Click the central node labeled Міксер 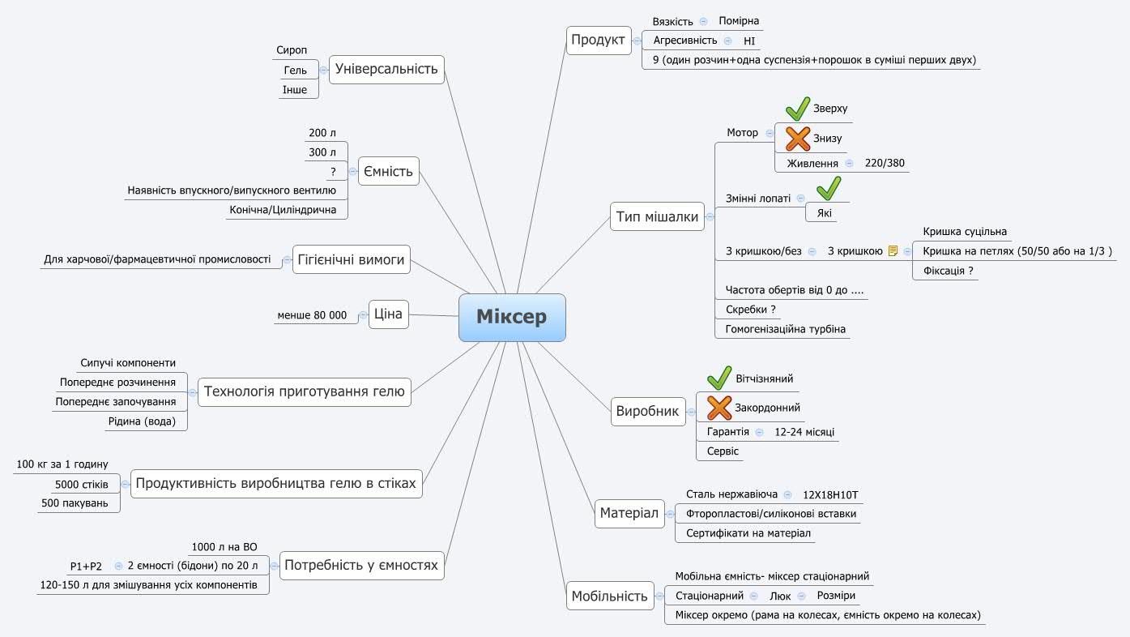tap(511, 317)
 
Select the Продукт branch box tap(598, 40)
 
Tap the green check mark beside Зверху tap(798, 108)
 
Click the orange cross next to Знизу tap(798, 139)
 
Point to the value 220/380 tap(885, 164)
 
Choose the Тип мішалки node tap(657, 216)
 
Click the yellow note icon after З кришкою tap(893, 251)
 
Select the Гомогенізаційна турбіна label tap(785, 329)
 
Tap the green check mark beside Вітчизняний tap(719, 378)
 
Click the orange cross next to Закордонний tap(719, 408)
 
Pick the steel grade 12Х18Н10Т tap(830, 494)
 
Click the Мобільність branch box tap(610, 596)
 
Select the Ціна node tap(389, 314)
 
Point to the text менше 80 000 tap(312, 315)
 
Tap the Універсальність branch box tap(386, 69)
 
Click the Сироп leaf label tap(292, 50)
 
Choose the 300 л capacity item tap(322, 152)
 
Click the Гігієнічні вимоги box tap(351, 259)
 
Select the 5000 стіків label tap(81, 485)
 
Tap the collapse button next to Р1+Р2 tap(119, 566)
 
